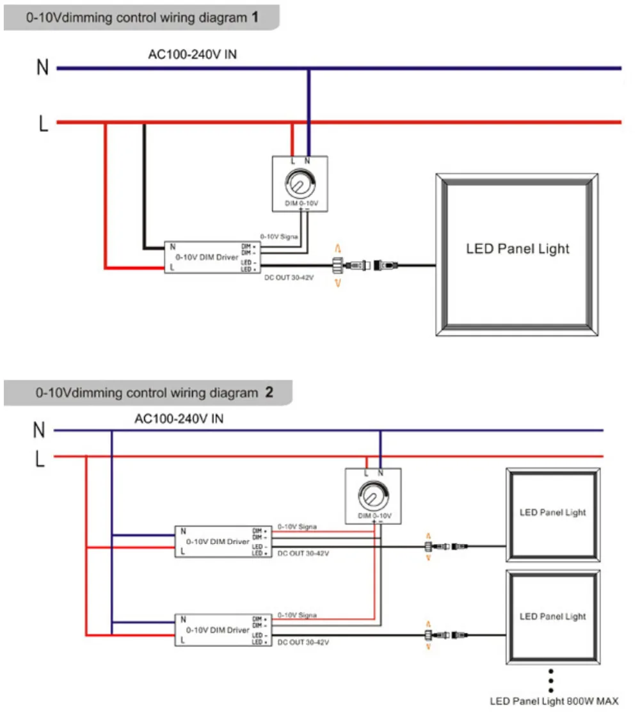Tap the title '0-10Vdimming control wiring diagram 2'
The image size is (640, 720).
click(154, 393)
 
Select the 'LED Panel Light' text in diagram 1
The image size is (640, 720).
click(517, 249)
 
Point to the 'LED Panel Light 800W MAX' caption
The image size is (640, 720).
click(554, 701)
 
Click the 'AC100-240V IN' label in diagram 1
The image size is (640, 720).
click(192, 54)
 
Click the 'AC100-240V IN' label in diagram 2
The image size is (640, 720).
click(179, 419)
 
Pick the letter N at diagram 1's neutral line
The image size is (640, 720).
click(42, 68)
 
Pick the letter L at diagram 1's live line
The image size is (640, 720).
click(43, 123)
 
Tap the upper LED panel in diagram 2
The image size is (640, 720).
click(552, 513)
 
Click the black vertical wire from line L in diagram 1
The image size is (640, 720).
click(145, 186)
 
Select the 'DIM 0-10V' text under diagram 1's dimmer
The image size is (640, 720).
click(301, 204)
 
